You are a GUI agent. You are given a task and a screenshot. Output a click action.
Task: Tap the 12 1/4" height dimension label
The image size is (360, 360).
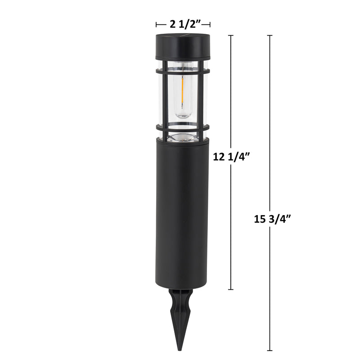click(231, 157)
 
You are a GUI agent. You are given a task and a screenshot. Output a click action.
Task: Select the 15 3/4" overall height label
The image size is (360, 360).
click(273, 219)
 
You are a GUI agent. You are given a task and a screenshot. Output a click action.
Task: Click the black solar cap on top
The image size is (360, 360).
click(183, 47)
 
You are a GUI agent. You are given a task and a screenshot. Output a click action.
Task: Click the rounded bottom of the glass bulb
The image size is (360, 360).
click(183, 115)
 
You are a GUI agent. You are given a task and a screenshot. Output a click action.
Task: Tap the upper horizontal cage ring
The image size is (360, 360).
click(183, 71)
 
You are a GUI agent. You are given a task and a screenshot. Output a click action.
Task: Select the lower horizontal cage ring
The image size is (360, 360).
click(183, 127)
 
